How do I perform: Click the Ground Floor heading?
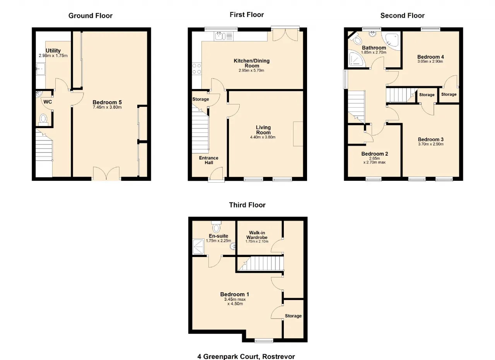pyautogui.click(x=90, y=16)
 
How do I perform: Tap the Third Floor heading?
pyautogui.click(x=247, y=205)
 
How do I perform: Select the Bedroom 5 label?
pyautogui.click(x=107, y=102)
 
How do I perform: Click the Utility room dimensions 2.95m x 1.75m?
pyautogui.click(x=53, y=56)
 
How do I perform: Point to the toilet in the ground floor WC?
pyautogui.click(x=43, y=120)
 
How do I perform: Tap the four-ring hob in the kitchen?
pyautogui.click(x=197, y=69)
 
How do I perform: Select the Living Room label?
pyautogui.click(x=263, y=130)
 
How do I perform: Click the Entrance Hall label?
pyautogui.click(x=208, y=160)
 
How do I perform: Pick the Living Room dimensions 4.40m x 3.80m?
pyautogui.click(x=263, y=137)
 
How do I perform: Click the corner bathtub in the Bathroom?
pyautogui.click(x=391, y=41)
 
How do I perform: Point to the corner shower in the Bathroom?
pyautogui.click(x=356, y=59)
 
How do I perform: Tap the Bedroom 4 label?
pyautogui.click(x=430, y=57)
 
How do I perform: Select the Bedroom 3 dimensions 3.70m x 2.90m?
pyautogui.click(x=431, y=144)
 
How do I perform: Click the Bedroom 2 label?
pyautogui.click(x=375, y=154)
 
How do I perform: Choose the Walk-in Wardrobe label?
pyautogui.click(x=257, y=235)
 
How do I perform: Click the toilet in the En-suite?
pyautogui.click(x=216, y=226)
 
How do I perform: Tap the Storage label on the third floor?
pyautogui.click(x=293, y=316)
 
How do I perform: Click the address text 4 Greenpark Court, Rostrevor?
pyautogui.click(x=246, y=357)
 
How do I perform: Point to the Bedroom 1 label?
pyautogui.click(x=235, y=294)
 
